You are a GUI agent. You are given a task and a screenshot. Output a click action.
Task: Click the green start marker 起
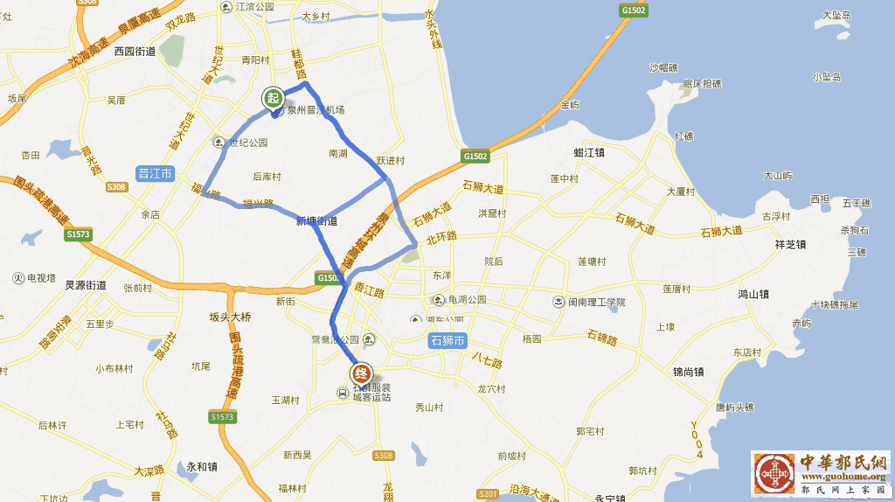click(274, 99)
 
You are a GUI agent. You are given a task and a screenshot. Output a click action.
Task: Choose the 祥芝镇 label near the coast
click(790, 244)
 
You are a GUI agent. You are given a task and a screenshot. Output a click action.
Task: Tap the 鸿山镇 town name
click(753, 294)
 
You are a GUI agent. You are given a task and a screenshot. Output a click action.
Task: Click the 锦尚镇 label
click(690, 372)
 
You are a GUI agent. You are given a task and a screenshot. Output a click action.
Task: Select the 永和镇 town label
click(202, 466)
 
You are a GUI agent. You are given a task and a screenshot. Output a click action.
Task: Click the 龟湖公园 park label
click(468, 299)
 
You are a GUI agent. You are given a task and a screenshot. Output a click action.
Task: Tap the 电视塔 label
click(40, 278)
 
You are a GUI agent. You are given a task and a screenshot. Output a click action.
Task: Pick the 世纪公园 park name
click(246, 143)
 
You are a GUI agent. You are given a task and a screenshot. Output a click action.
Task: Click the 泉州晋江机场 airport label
click(316, 110)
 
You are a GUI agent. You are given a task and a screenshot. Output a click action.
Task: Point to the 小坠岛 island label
click(826, 77)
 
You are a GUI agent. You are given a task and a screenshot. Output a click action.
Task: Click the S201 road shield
click(489, 494)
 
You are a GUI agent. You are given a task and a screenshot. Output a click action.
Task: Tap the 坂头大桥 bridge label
click(230, 317)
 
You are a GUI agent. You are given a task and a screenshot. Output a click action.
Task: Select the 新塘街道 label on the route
click(316, 221)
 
